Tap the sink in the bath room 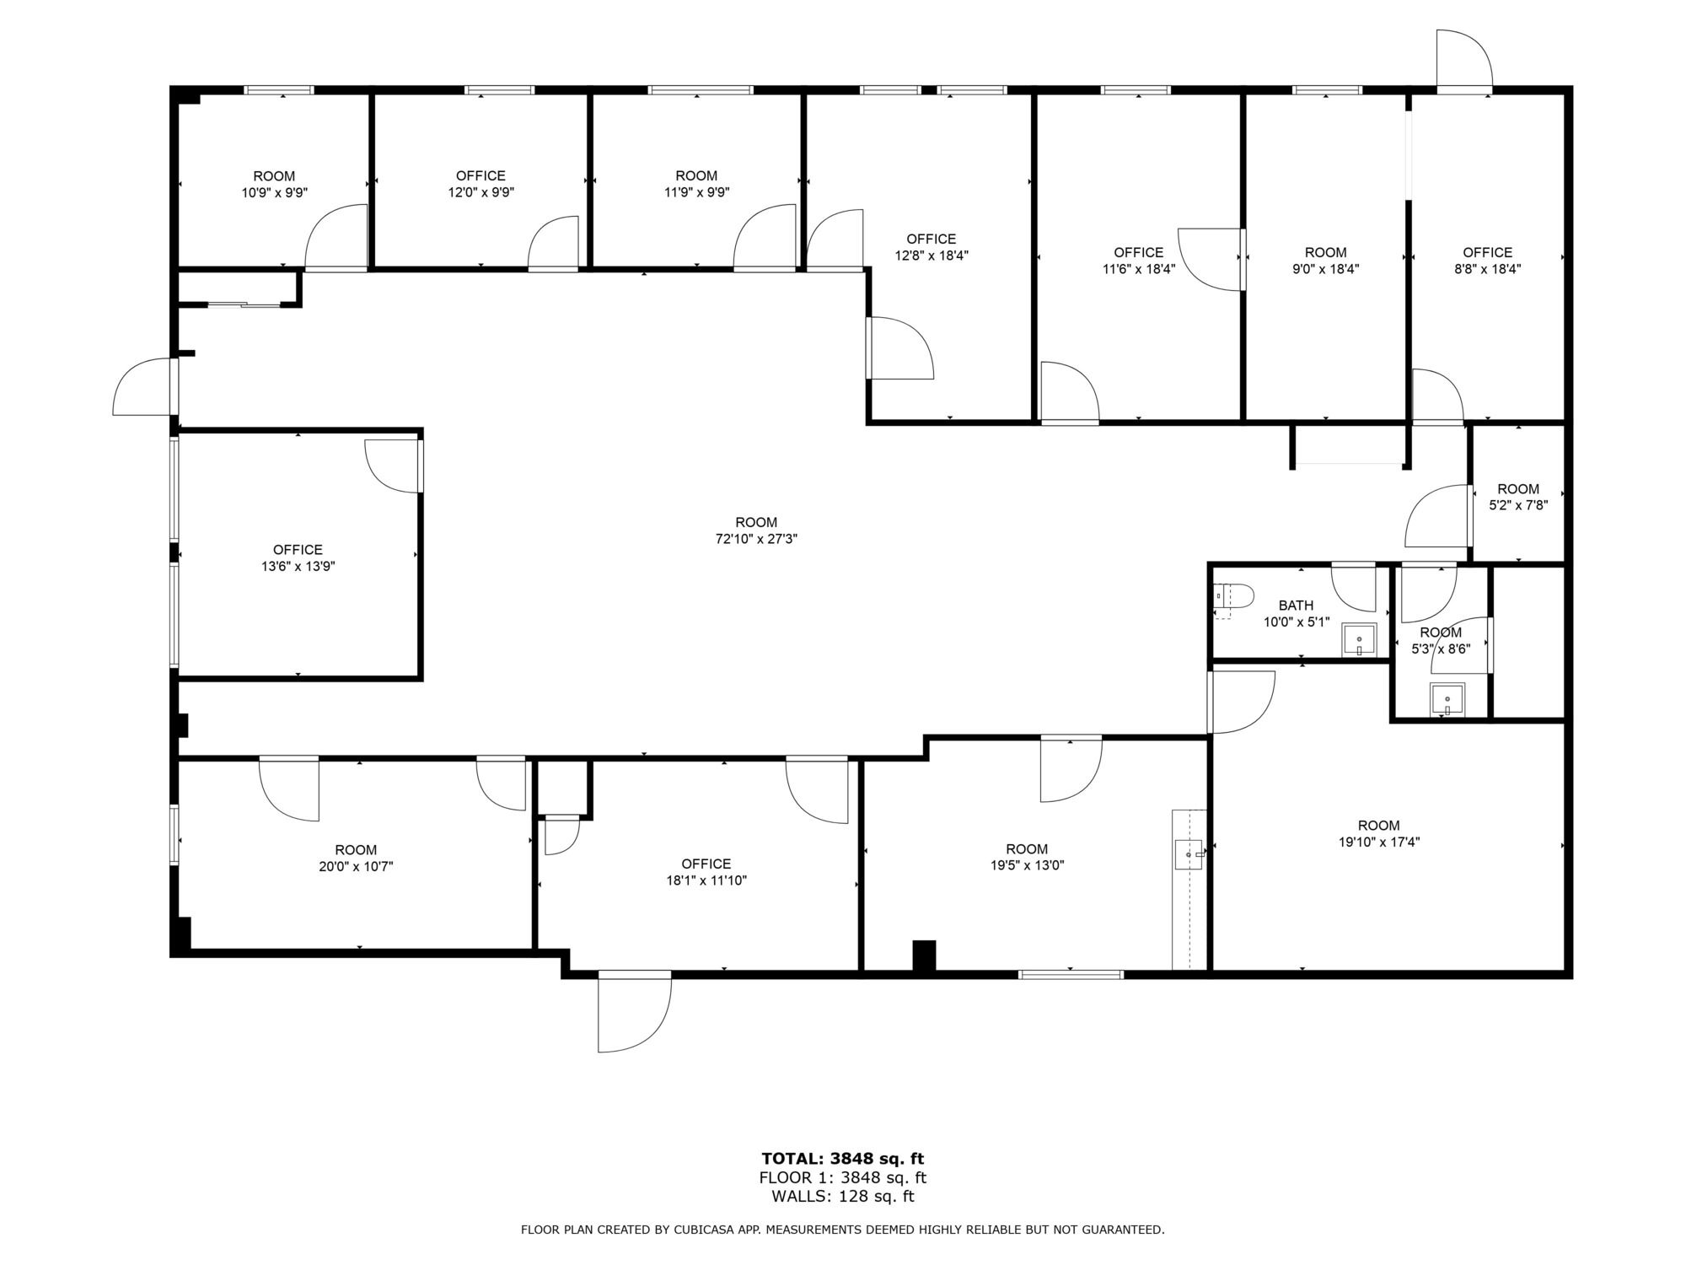1358,640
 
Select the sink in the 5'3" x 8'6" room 1447,700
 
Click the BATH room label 1296,606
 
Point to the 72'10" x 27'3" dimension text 756,539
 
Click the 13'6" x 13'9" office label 298,558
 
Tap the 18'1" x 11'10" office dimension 706,880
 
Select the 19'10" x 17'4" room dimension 1378,842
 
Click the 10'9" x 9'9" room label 274,184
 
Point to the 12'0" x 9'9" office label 481,184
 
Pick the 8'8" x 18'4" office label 1487,261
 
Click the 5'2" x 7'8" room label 1518,498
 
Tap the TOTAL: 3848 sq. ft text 843,1159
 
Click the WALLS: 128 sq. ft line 843,1196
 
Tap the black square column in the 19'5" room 925,956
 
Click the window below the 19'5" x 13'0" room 1071,975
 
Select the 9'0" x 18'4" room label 1325,261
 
